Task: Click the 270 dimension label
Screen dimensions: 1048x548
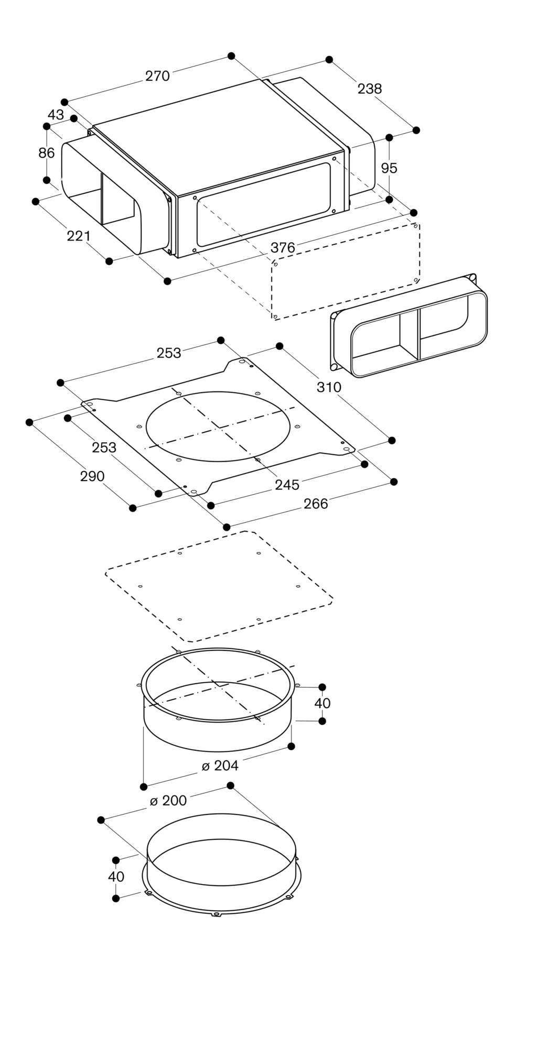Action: click(x=157, y=77)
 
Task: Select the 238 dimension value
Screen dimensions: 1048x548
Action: click(x=370, y=89)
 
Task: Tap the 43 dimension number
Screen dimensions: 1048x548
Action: click(x=56, y=115)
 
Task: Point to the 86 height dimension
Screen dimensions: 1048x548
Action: click(x=47, y=153)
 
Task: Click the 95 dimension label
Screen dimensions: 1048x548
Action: click(x=389, y=168)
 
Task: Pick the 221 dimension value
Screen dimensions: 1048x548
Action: click(x=79, y=236)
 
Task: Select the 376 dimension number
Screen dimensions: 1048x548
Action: click(x=283, y=247)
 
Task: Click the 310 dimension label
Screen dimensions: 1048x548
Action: click(x=329, y=387)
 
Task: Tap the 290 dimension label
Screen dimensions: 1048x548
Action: click(x=92, y=476)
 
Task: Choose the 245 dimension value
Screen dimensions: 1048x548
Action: click(x=287, y=485)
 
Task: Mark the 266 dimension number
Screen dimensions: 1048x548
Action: click(x=316, y=504)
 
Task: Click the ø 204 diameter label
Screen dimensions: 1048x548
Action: click(x=220, y=766)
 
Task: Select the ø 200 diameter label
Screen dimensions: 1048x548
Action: click(x=168, y=801)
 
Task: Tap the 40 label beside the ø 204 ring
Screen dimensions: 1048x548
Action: click(x=323, y=703)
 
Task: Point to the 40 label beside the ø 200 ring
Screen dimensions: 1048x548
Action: click(x=116, y=876)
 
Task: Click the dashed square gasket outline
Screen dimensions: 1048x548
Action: click(x=219, y=587)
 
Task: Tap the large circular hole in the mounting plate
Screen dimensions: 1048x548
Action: click(x=218, y=427)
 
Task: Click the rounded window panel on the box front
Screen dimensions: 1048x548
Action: click(x=264, y=205)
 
